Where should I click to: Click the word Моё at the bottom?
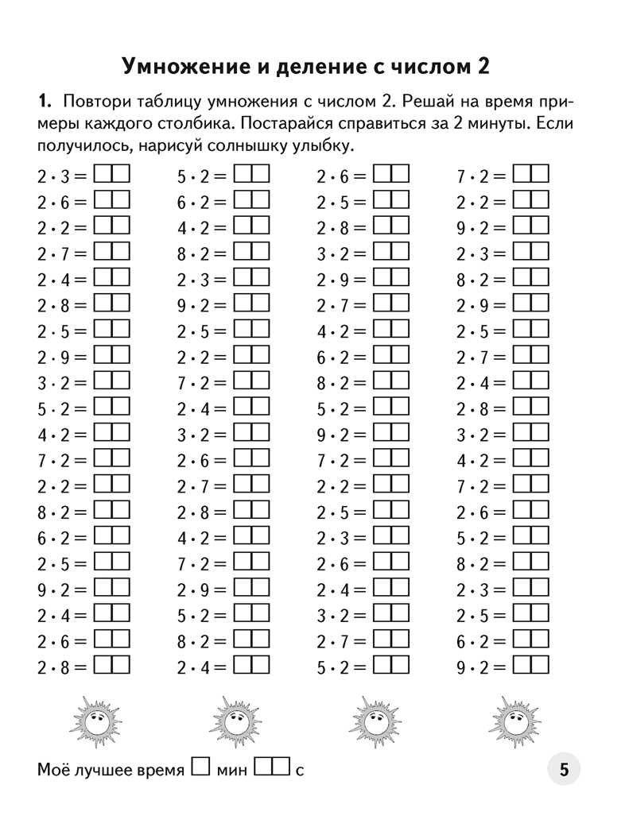53,770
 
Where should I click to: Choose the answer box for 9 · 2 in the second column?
252,304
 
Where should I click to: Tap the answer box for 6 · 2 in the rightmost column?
530,641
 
